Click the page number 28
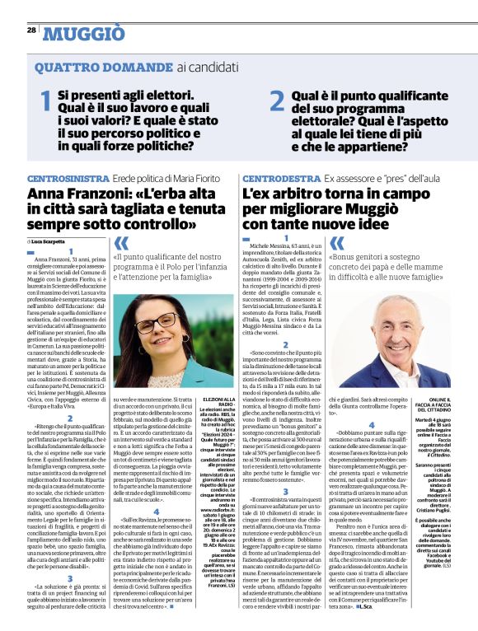tap(30, 30)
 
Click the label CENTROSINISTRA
tap(64, 179)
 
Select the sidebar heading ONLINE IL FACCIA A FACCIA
tap(452, 404)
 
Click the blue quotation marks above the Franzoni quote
tap(121, 242)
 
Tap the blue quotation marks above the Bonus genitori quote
tap(338, 242)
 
